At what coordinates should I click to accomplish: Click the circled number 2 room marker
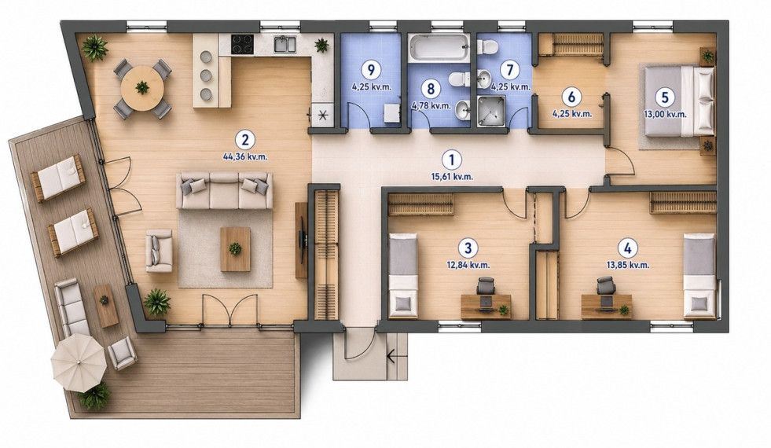click(245, 140)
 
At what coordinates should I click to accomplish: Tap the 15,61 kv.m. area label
click(452, 177)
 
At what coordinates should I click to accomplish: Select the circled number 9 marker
click(370, 70)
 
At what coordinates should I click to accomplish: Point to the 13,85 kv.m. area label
click(628, 265)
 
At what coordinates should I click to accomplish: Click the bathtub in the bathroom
click(438, 47)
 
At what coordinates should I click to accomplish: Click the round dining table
click(142, 89)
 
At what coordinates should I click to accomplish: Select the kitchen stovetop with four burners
click(242, 43)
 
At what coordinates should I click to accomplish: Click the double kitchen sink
click(285, 44)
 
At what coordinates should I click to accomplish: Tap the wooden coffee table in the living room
click(235, 249)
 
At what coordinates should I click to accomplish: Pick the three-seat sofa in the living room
click(224, 190)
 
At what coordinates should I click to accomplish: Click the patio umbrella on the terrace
click(79, 363)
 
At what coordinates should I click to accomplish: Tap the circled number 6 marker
click(571, 97)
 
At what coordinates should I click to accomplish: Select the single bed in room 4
click(699, 276)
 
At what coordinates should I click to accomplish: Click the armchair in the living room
click(159, 251)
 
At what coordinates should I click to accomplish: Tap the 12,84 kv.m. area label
click(468, 265)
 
